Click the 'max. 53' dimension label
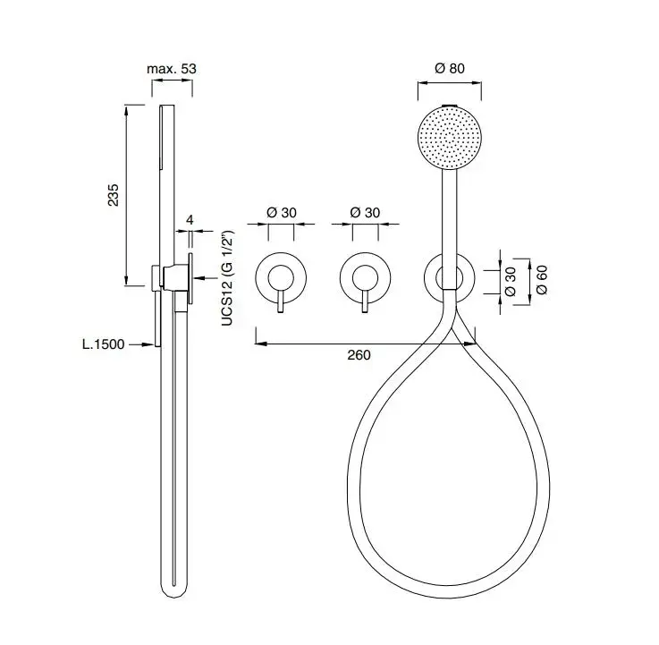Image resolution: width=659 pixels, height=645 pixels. click(172, 69)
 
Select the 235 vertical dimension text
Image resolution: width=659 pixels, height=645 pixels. click(114, 195)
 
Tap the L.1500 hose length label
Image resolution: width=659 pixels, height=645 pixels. click(104, 344)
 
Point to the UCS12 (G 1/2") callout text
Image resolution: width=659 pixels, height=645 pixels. click(227, 278)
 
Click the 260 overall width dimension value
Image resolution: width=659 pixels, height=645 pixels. click(359, 355)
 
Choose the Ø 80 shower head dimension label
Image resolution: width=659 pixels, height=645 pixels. click(450, 68)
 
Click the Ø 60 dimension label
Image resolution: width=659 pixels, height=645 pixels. click(542, 280)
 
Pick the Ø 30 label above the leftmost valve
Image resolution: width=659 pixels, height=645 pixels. click(281, 213)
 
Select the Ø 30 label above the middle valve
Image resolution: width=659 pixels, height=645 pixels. click(365, 213)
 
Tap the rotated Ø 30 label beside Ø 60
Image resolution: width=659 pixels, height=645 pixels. click(510, 281)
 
